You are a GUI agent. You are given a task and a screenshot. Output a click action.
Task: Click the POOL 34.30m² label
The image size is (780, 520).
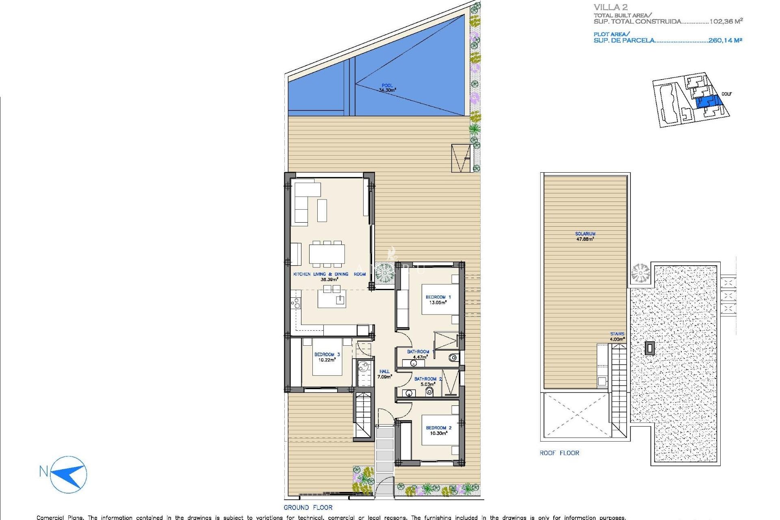(x=387, y=88)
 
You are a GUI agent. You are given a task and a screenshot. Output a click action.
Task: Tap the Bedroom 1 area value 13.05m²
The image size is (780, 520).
(x=438, y=303)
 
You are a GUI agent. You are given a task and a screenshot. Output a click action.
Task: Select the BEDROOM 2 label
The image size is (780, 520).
(x=438, y=428)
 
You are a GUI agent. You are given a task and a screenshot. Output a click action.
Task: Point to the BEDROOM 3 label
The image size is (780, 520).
(x=327, y=354)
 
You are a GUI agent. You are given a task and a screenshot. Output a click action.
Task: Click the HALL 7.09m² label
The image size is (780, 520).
(x=384, y=374)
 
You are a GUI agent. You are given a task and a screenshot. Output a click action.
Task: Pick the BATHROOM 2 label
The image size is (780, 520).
(x=428, y=379)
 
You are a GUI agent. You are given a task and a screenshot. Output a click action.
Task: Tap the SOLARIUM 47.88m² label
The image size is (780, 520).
(x=585, y=236)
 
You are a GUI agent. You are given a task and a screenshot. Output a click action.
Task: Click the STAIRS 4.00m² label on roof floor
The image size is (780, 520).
(x=617, y=336)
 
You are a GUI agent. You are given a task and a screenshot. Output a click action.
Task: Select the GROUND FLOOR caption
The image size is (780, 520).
(x=308, y=507)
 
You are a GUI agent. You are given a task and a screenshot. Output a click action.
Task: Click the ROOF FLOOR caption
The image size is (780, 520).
(x=559, y=453)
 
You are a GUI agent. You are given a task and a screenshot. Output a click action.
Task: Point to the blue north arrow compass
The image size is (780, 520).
(x=69, y=474)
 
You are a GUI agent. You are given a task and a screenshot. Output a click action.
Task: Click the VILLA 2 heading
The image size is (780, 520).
(x=611, y=7)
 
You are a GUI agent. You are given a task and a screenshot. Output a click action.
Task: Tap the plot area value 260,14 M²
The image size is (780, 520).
(x=725, y=40)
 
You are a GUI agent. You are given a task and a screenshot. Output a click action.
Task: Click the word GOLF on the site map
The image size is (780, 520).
(x=726, y=94)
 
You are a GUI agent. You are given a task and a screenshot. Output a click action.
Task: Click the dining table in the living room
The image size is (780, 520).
(x=327, y=254)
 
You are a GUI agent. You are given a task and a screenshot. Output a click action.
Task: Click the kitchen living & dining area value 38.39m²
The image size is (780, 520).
(x=329, y=279)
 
